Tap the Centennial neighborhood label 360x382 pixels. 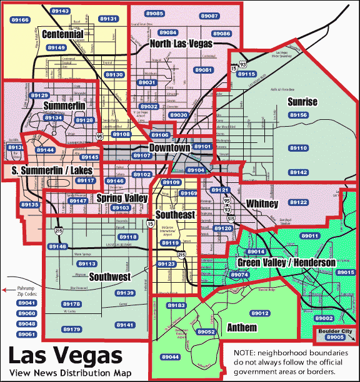click(62, 34)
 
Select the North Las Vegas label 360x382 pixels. click(181, 44)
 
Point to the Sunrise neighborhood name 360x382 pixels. click(302, 101)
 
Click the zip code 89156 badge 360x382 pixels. click(299, 115)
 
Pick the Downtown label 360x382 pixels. click(169, 148)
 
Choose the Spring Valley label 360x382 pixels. click(122, 198)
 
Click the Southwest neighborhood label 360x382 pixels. click(109, 276)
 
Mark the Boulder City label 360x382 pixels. click(335, 331)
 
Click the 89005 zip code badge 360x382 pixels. click(335, 338)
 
